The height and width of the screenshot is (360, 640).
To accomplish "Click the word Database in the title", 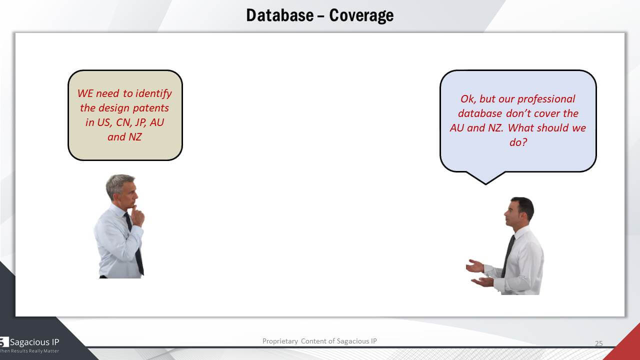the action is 279,15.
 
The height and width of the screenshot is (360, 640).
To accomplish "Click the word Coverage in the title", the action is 361,15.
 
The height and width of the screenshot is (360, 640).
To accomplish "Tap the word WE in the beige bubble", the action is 85,93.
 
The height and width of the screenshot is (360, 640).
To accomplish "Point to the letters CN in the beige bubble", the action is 123,122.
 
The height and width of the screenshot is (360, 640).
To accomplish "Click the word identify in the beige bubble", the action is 153,94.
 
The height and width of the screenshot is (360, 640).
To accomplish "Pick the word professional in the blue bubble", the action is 546,99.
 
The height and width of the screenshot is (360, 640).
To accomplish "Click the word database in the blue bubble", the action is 480,113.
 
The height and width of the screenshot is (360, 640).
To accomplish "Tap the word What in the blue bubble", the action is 521,127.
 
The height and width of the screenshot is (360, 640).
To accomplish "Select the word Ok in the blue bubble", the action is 467,99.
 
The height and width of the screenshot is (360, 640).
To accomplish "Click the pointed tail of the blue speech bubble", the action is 485,184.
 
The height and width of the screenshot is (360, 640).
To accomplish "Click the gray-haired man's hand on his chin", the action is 137,215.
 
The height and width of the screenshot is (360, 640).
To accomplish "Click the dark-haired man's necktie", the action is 508,255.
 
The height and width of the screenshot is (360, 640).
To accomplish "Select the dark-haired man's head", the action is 519,211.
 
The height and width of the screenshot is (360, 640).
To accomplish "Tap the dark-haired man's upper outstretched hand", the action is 474,266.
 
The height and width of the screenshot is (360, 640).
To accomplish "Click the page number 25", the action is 599,343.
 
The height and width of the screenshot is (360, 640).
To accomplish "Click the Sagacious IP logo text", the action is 34,342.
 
